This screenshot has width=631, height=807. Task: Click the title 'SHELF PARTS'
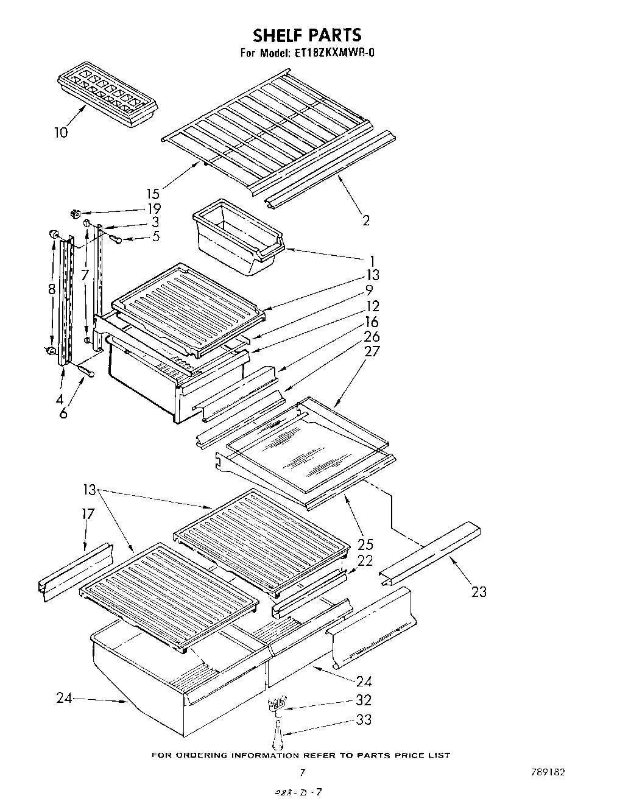pyautogui.click(x=308, y=35)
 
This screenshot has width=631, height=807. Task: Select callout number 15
pyautogui.click(x=153, y=194)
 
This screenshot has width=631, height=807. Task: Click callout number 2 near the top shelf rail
pyautogui.click(x=365, y=220)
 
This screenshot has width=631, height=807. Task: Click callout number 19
pyautogui.click(x=154, y=208)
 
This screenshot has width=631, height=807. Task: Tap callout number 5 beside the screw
pyautogui.click(x=156, y=236)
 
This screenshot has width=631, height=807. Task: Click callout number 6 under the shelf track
pyautogui.click(x=63, y=414)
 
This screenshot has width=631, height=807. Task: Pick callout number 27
pyautogui.click(x=372, y=351)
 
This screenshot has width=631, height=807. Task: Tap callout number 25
pyautogui.click(x=365, y=544)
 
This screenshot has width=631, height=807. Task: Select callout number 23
pyautogui.click(x=479, y=591)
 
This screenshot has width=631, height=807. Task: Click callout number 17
pyautogui.click(x=88, y=514)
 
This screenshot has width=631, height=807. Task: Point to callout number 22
pyautogui.click(x=365, y=561)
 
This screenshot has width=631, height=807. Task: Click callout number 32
pyautogui.click(x=364, y=700)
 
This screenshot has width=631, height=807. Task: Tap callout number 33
pyautogui.click(x=364, y=719)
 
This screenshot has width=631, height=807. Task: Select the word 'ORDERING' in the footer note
pyautogui.click(x=204, y=756)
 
